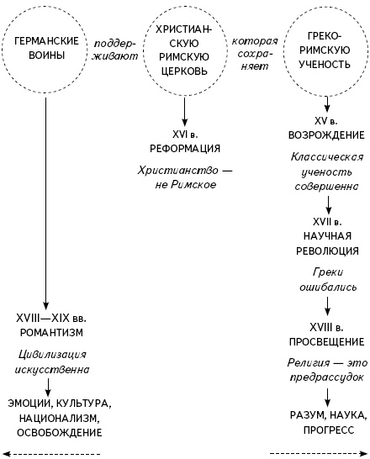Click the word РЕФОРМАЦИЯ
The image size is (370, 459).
click(x=184, y=148)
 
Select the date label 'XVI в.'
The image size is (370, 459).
click(x=184, y=134)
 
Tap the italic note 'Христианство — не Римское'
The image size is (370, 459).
click(x=184, y=176)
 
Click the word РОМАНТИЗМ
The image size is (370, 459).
click(x=50, y=334)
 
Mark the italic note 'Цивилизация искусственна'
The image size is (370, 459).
click(x=50, y=361)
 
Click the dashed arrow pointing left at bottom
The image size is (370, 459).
click(x=50, y=453)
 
